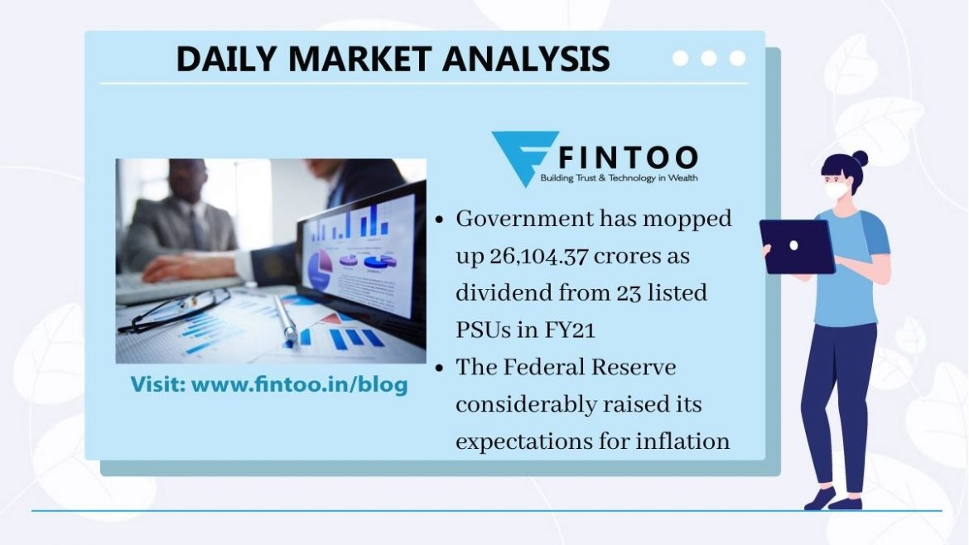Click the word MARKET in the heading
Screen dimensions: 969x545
tap(359, 60)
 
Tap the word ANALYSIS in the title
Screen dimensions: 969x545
tap(526, 60)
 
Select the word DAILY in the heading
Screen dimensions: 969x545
tap(226, 60)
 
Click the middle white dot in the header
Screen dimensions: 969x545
tap(709, 58)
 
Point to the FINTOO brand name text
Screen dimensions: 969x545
tap(629, 157)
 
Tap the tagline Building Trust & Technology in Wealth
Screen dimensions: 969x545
tap(619, 178)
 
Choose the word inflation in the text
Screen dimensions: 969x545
tap(683, 441)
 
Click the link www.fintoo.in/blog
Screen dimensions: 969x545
tap(300, 384)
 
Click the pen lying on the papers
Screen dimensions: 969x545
tap(285, 321)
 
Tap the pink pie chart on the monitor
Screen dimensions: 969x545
tap(321, 269)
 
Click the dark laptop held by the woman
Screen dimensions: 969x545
tap(798, 246)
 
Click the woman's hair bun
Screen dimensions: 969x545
tap(860, 159)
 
